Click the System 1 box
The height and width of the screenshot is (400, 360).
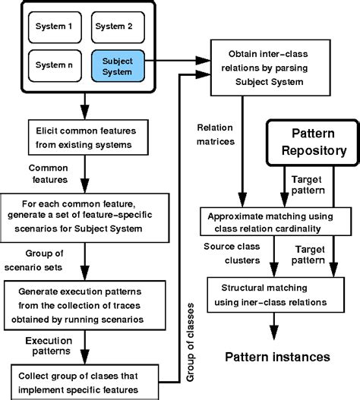point(52,27)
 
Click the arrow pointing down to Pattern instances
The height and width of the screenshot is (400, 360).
point(271,327)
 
